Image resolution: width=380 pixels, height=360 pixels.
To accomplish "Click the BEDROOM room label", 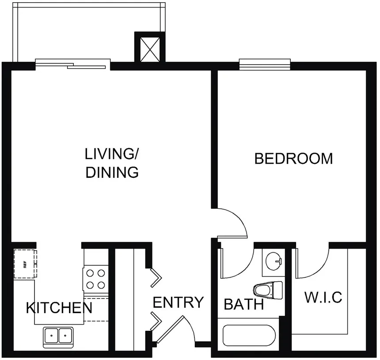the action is coord(293,159).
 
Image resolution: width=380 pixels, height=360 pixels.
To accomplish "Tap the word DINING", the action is coord(112,172).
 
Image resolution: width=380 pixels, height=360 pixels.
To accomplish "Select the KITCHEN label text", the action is coord(59,308).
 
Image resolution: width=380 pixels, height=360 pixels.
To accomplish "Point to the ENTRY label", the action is coord(178,302).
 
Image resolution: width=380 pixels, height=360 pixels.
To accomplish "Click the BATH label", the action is coord(244,304).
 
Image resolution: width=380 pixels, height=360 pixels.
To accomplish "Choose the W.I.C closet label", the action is coord(323,297).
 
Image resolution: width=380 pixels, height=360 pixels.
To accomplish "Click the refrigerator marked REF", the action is coord(25,264).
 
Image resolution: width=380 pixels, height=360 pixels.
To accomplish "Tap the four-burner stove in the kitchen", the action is coord(95,279).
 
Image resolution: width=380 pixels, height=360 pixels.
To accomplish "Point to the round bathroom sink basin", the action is coord(274,261).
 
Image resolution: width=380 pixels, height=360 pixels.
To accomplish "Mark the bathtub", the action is coord(249,336).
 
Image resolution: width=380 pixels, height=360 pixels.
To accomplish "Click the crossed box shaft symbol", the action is coord(150,50).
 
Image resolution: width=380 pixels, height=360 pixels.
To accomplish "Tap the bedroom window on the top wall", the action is coord(265,64).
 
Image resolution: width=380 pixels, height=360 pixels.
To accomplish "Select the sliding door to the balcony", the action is coord(73,65).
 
